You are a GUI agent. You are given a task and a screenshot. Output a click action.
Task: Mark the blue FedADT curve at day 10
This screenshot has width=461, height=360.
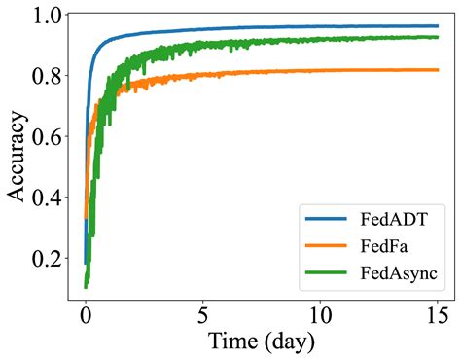[x=321, y=26]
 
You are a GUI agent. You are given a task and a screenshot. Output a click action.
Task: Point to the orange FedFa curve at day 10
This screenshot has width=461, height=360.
[x=321, y=70]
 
